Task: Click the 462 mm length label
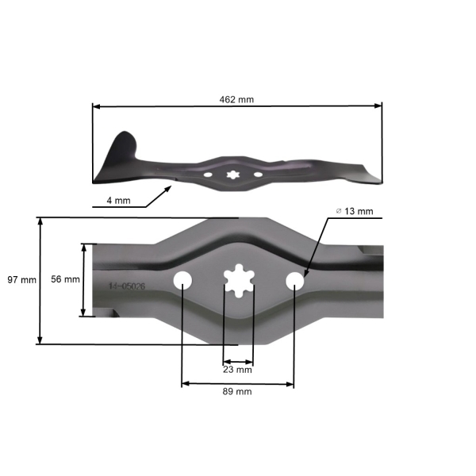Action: click(236, 100)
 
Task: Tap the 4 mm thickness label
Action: click(118, 201)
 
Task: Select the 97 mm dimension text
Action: click(21, 280)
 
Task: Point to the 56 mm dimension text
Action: click(65, 280)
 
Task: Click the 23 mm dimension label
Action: click(238, 370)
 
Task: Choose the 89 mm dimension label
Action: click(238, 392)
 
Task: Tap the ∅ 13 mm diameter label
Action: click(355, 211)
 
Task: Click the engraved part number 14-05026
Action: click(126, 286)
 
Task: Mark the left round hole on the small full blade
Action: click(207, 174)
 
